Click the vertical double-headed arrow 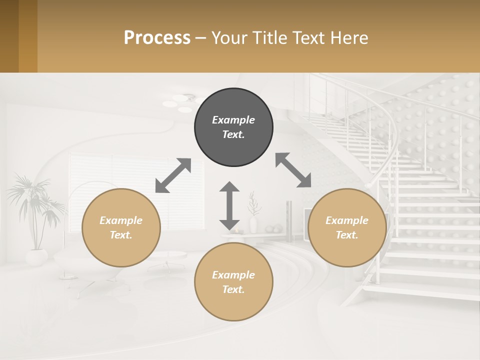[x=229, y=205]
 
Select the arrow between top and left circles [x=173, y=175]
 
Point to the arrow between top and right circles [x=293, y=170]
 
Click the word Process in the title [x=157, y=37]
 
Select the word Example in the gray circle [x=233, y=120]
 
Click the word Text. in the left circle [x=121, y=235]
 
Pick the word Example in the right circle [x=347, y=220]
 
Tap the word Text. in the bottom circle [x=233, y=289]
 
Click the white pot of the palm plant [x=36, y=257]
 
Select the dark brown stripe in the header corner [x=9, y=36]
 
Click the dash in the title [x=200, y=38]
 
